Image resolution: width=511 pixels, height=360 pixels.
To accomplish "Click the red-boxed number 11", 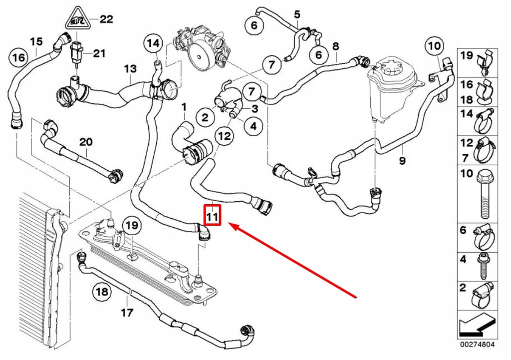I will [x=213, y=217].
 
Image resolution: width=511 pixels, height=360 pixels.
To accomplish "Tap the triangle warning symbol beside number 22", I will [x=77, y=20].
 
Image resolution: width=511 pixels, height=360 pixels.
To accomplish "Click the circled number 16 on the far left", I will [x=18, y=58].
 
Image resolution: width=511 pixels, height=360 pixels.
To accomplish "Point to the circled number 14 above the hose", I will [x=153, y=43].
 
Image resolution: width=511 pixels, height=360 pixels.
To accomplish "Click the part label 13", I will [x=130, y=68].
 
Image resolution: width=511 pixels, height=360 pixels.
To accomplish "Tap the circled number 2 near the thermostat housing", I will [x=205, y=118].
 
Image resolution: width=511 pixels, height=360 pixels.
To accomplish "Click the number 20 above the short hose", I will [x=86, y=142].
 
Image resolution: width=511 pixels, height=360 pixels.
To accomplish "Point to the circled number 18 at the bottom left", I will [x=102, y=292].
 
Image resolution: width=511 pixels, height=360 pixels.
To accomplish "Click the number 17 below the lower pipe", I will [x=127, y=313].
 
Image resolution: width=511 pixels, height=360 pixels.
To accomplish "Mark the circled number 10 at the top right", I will [x=434, y=47].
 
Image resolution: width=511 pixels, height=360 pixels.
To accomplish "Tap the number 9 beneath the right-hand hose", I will [x=402, y=161].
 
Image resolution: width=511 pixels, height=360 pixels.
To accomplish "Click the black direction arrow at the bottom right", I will [x=477, y=328].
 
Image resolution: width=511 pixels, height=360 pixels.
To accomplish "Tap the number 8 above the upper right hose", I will [x=335, y=46].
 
